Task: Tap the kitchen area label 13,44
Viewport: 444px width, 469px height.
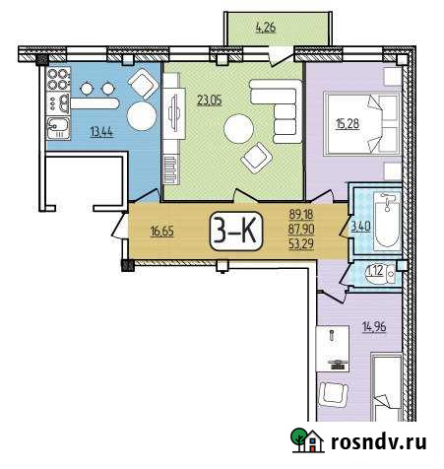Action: click(x=100, y=130)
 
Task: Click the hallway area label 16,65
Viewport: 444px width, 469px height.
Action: click(x=161, y=234)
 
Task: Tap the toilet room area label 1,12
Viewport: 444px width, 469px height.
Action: click(x=373, y=273)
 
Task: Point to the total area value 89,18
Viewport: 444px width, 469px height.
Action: click(x=301, y=213)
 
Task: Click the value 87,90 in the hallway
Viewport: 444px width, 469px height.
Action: click(x=301, y=231)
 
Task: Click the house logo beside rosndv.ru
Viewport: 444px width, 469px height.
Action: click(x=305, y=440)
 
